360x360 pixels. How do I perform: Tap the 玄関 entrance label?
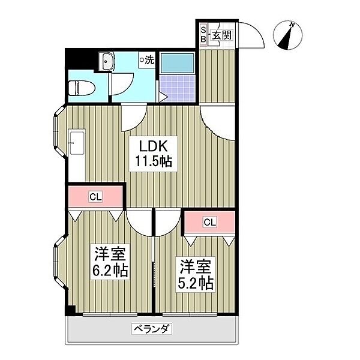click(x=221, y=35)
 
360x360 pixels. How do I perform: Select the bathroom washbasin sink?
click(x=107, y=62)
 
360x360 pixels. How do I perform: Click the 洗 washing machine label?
click(x=146, y=60)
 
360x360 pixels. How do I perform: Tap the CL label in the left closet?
click(x=95, y=196)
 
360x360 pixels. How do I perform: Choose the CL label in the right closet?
click(x=208, y=223)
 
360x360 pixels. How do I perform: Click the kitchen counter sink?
click(x=76, y=143)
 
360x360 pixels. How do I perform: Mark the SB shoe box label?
click(x=203, y=35)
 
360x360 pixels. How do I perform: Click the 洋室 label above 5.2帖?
click(x=194, y=265)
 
